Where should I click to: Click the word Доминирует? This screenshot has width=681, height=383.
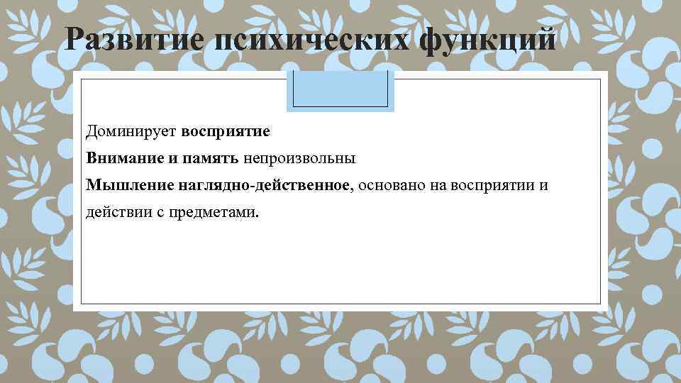coord(131,131)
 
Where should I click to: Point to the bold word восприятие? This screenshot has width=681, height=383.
coord(225,131)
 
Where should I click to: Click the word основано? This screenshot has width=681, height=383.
coord(387,185)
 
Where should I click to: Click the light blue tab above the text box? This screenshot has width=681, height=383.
coord(340,91)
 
